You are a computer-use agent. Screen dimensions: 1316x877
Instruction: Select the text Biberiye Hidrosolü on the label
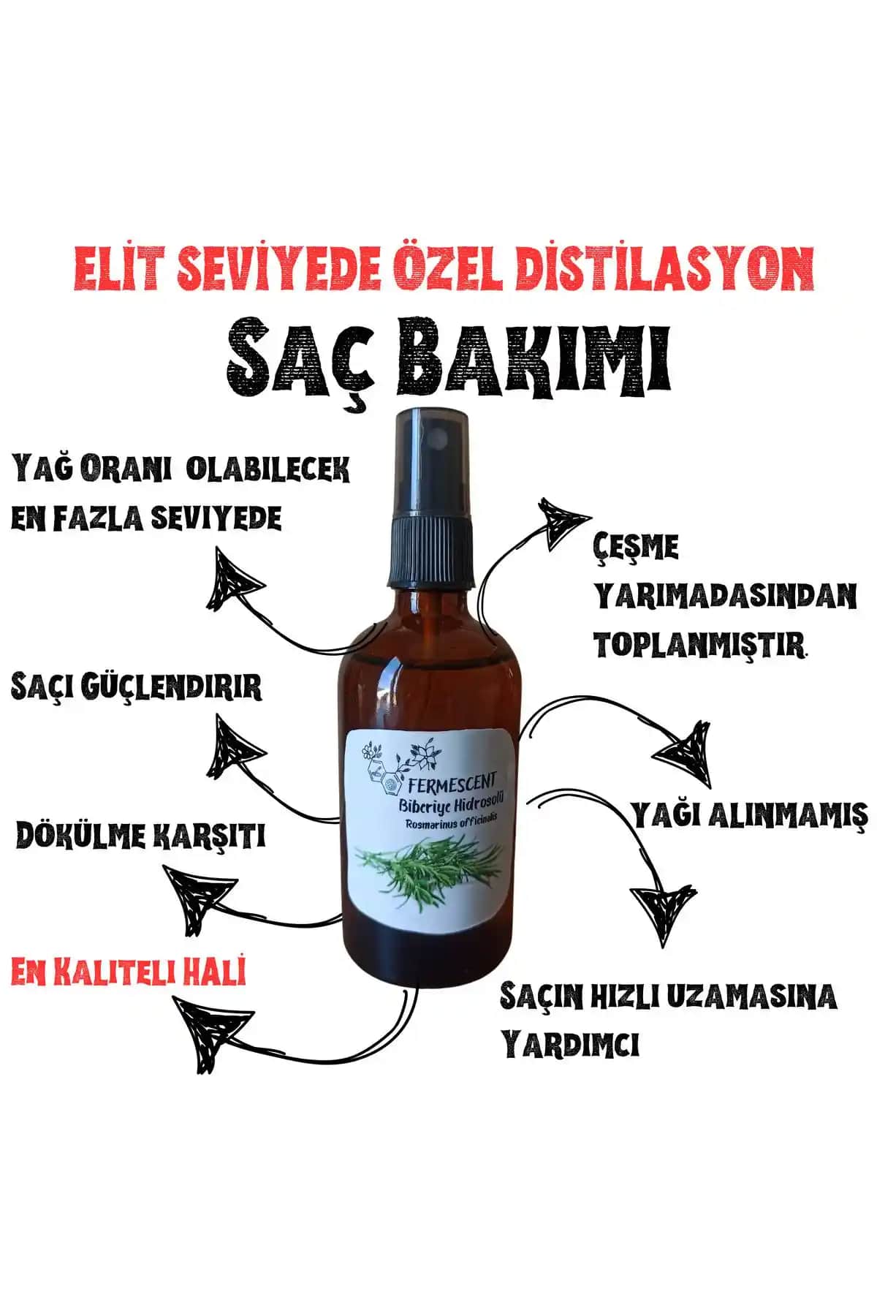458,805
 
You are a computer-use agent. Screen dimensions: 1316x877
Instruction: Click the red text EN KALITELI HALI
129,972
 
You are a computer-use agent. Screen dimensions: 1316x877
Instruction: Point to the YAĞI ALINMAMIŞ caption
749,814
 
